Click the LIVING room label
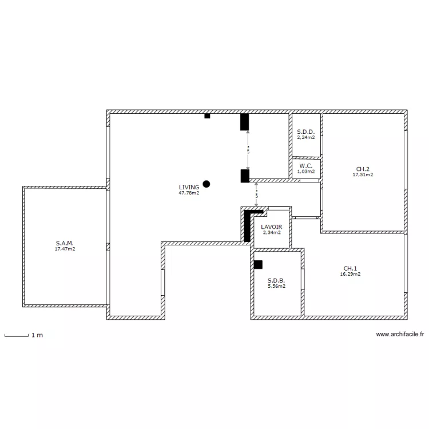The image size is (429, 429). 189,187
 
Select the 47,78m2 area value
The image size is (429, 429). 189,193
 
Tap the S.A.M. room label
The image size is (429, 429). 65,243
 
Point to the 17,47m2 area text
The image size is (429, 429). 65,249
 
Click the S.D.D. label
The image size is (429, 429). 306,132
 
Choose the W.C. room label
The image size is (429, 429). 305,166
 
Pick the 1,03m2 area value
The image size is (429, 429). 305,172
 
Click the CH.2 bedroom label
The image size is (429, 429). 363,169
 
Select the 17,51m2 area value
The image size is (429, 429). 363,175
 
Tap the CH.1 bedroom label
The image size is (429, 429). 350,268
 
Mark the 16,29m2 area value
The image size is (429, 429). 350,274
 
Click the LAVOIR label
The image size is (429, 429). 271,227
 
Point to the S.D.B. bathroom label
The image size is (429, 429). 276,280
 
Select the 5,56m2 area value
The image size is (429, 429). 276,287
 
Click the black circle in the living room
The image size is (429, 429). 206,184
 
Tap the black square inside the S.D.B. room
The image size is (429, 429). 258,265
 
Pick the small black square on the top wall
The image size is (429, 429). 207,116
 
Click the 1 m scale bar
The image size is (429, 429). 16,335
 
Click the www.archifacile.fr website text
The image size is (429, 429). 400,335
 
